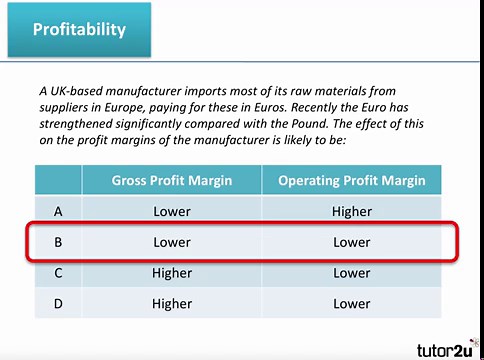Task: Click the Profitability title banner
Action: pos(79,29)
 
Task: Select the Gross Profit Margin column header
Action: pos(172,181)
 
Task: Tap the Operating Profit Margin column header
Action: pos(351,181)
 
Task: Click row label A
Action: pos(58,211)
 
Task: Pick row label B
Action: pos(58,242)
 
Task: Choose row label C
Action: pos(58,272)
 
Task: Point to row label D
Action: pos(58,302)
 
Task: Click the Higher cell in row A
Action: pos(351,211)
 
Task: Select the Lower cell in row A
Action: pos(172,211)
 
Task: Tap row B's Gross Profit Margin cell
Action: pos(172,242)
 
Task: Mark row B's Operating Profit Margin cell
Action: pos(351,242)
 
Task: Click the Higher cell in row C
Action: pos(172,272)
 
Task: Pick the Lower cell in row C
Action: pos(351,272)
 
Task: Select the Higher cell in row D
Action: pos(172,302)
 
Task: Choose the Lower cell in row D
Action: pos(351,302)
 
